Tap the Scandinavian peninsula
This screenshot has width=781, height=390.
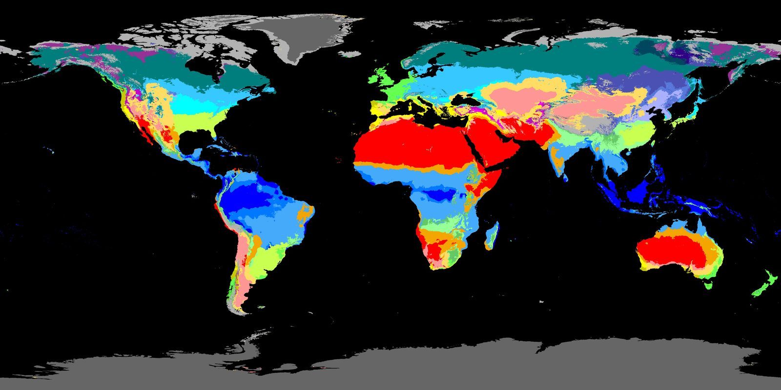[x=425, y=63]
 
